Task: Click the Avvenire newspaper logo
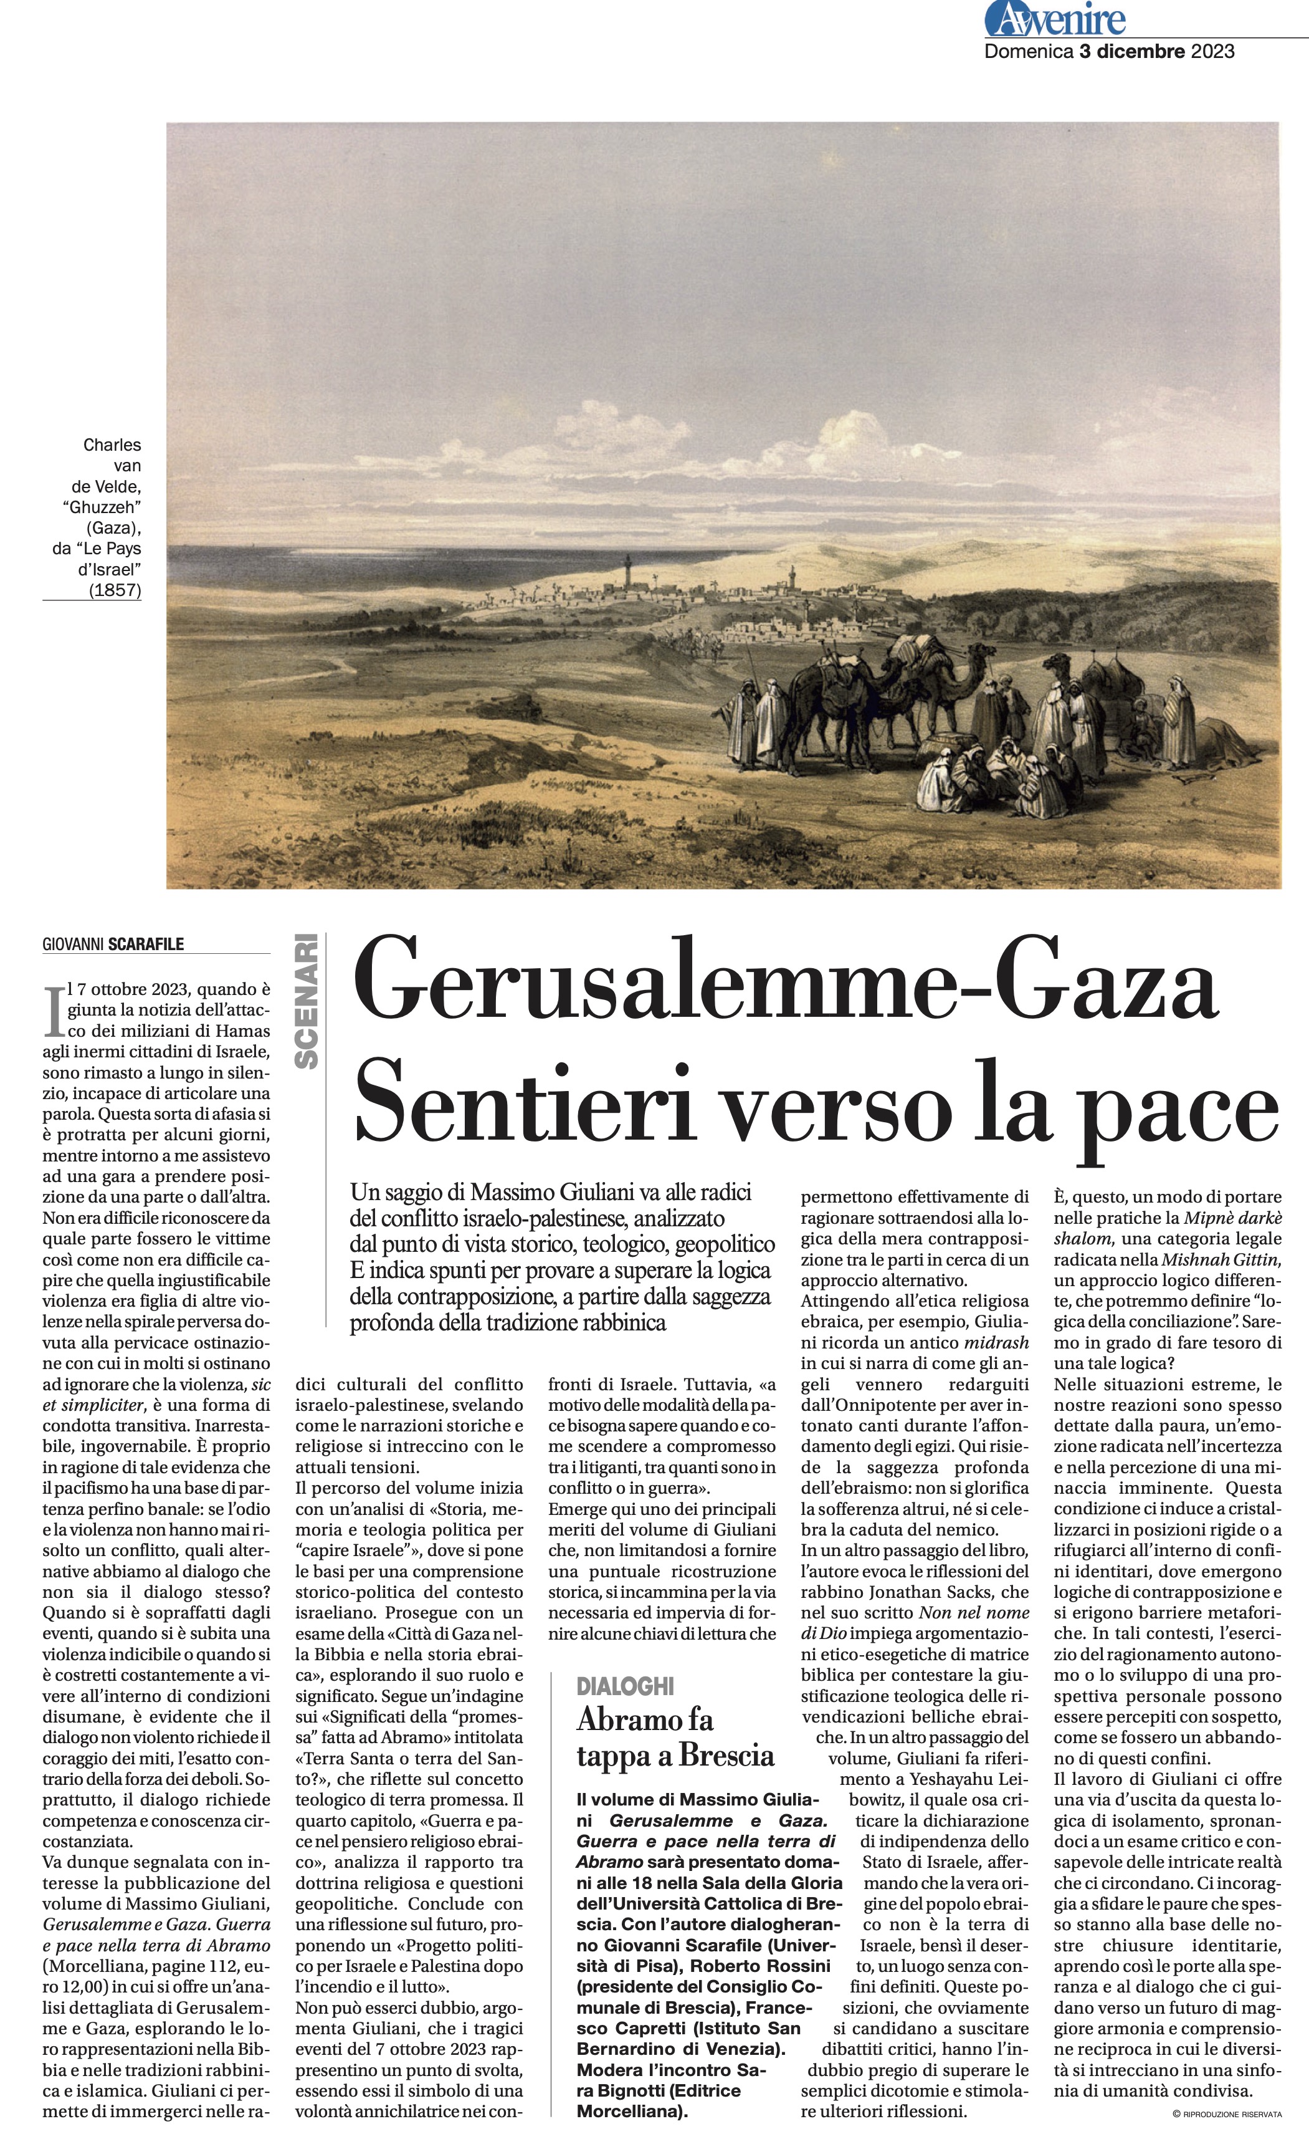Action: pyautogui.click(x=1055, y=19)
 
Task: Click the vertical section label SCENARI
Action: pyautogui.click(x=306, y=1001)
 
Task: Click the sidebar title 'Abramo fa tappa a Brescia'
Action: pyautogui.click(x=674, y=1738)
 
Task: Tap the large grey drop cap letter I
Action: pyautogui.click(x=54, y=1010)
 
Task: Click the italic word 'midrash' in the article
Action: pyautogui.click(x=996, y=1343)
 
